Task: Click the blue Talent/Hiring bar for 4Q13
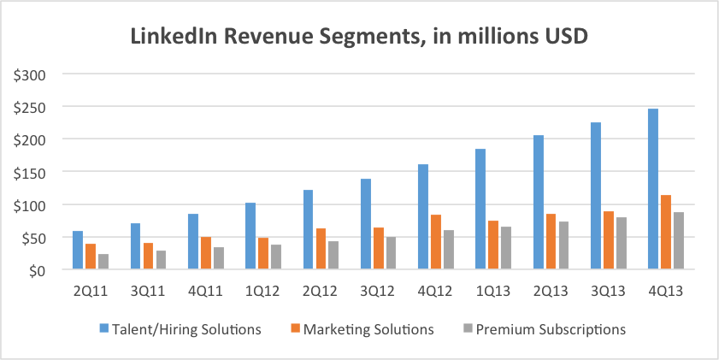tap(652, 189)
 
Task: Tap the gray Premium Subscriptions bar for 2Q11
tap(103, 262)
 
